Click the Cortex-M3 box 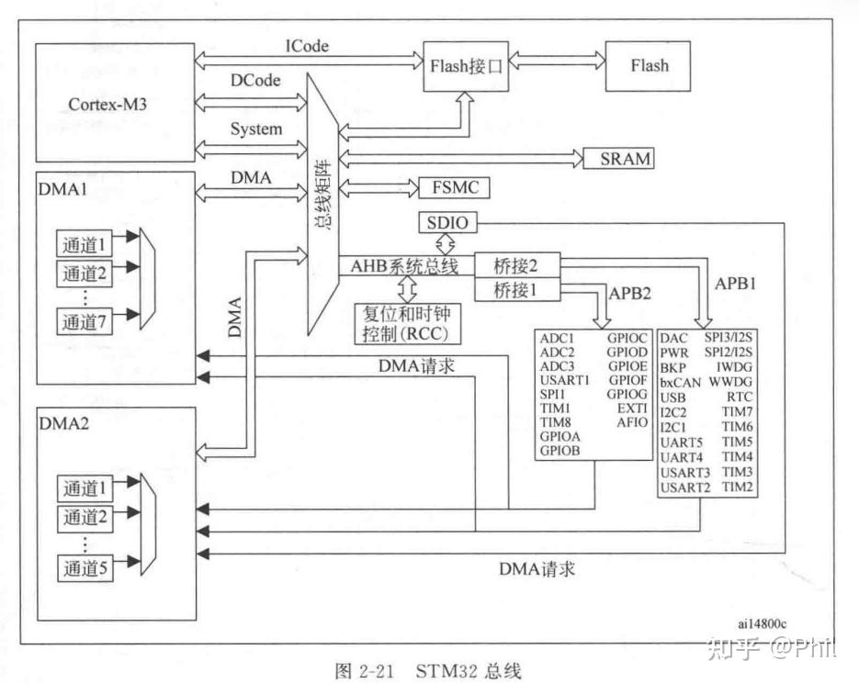[107, 104]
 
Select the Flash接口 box [466, 65]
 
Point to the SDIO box [446, 222]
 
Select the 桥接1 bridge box [514, 290]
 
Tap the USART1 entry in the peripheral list [565, 380]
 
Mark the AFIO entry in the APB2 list [631, 422]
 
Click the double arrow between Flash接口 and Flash [558, 65]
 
